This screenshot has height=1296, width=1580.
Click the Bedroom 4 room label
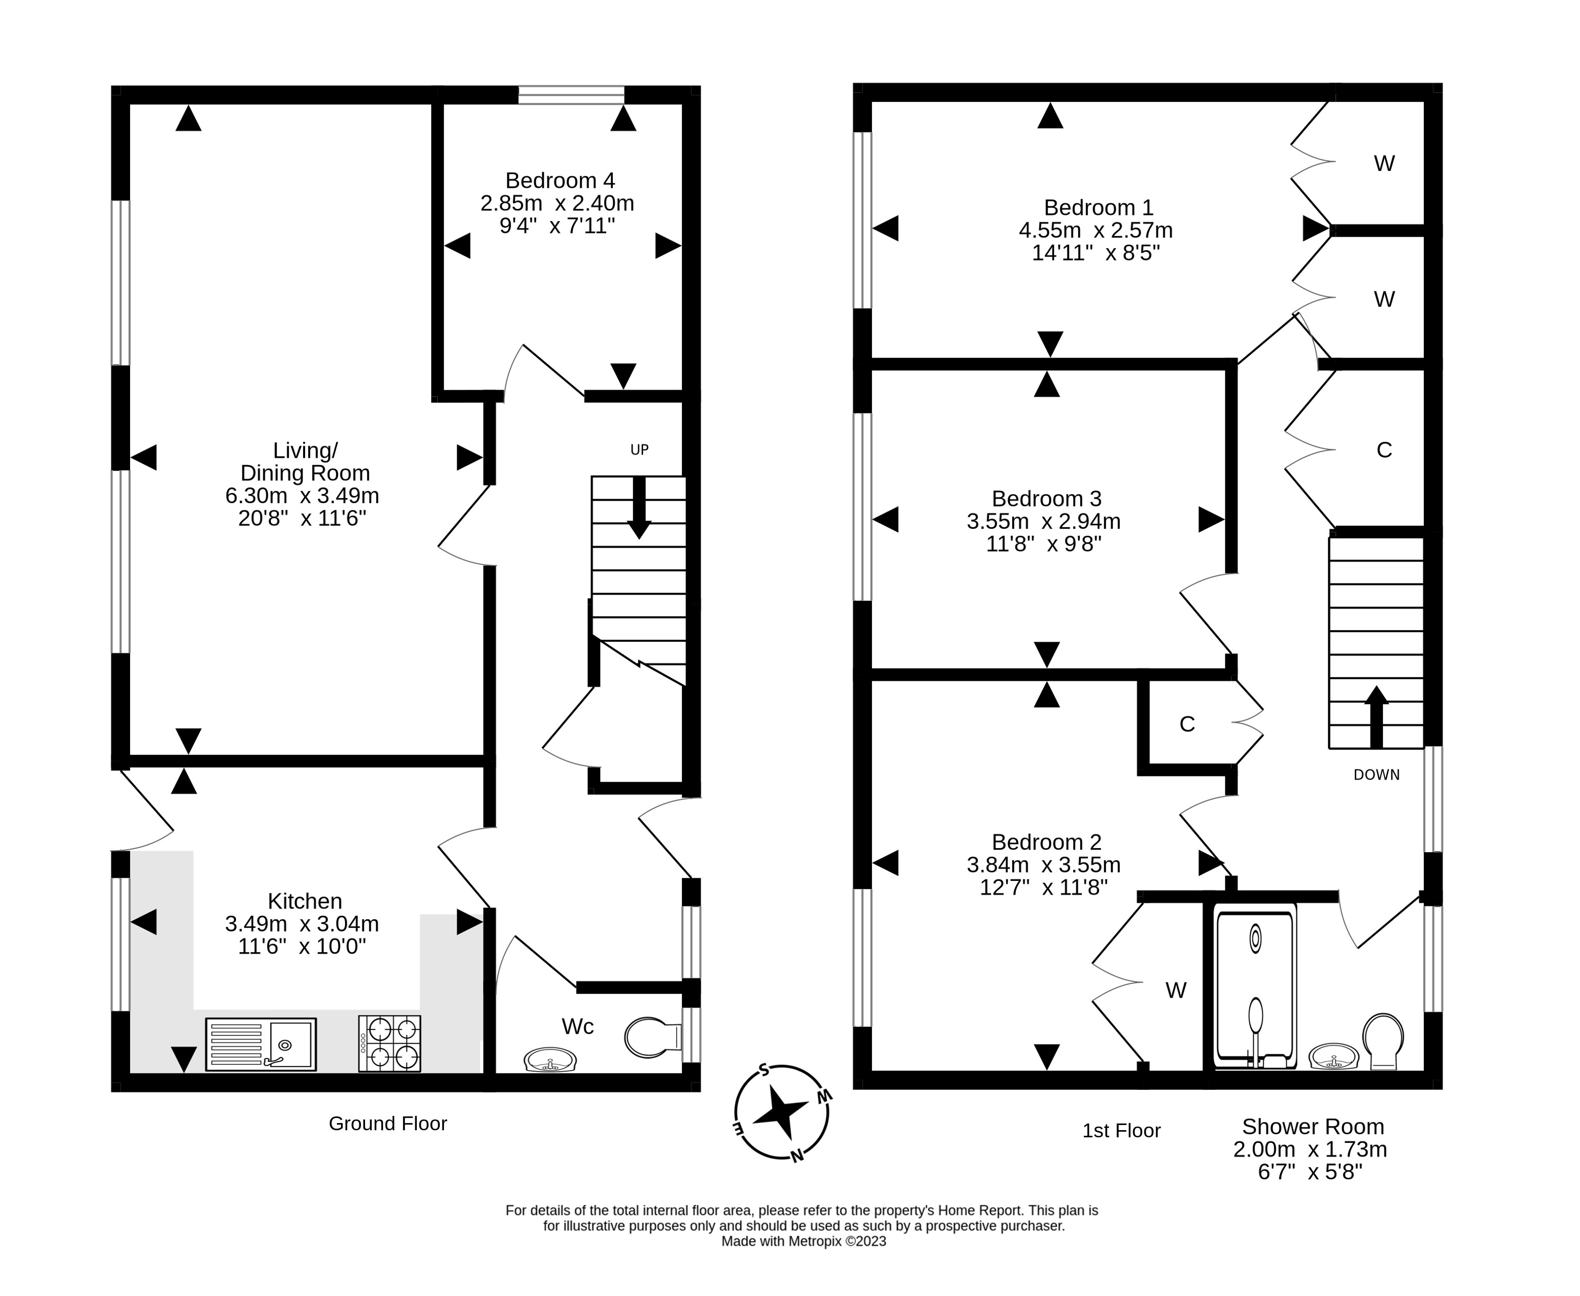pyautogui.click(x=560, y=181)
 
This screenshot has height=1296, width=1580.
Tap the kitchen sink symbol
pyautogui.click(x=261, y=1044)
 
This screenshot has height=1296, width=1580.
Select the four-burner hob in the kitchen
pyautogui.click(x=389, y=1044)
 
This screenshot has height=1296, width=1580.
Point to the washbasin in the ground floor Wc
pyautogui.click(x=550, y=1060)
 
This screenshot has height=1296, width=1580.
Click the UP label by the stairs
pyautogui.click(x=639, y=449)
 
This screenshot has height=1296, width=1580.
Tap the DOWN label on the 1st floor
pyautogui.click(x=1376, y=775)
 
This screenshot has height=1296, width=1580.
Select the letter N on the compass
pyautogui.click(x=797, y=1156)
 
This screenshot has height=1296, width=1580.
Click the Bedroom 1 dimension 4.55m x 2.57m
pyautogui.click(x=1095, y=230)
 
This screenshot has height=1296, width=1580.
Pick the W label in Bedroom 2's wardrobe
pyautogui.click(x=1176, y=990)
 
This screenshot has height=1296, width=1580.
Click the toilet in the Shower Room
pyautogui.click(x=1383, y=1041)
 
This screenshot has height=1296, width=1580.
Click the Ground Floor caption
pyautogui.click(x=388, y=1124)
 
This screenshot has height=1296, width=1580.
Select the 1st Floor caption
pyautogui.click(x=1122, y=1131)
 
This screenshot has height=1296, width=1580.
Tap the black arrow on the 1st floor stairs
pyautogui.click(x=1376, y=717)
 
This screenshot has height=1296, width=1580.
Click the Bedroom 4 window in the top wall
pyautogui.click(x=571, y=95)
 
